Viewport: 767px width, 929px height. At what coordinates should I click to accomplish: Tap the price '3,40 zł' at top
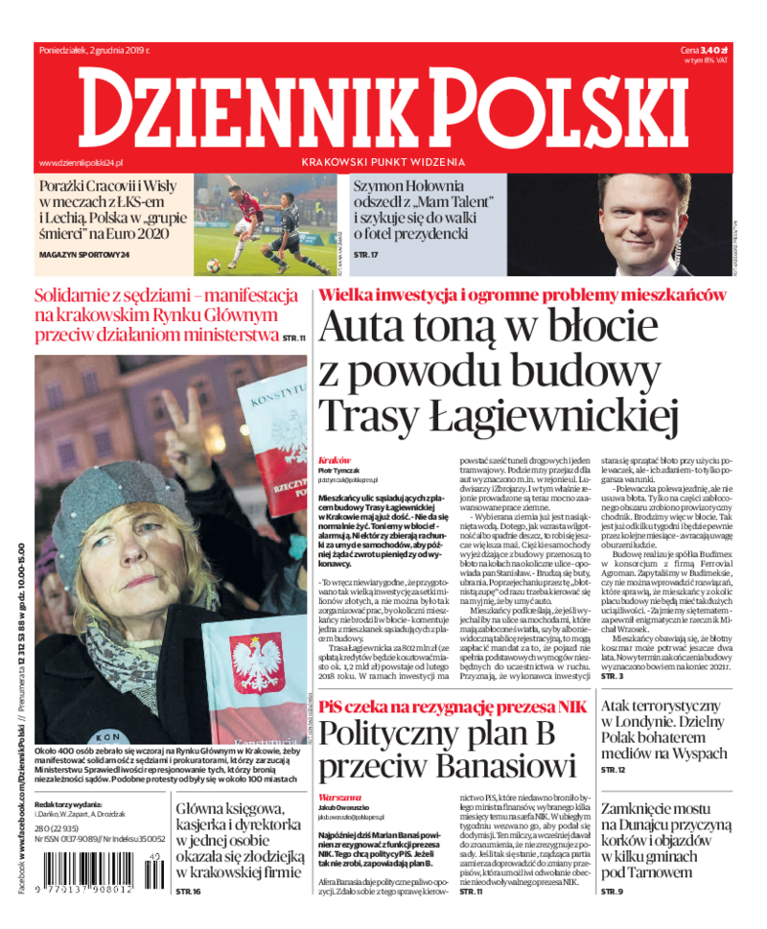715,49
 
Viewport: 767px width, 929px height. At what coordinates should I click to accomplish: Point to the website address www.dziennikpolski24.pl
89,164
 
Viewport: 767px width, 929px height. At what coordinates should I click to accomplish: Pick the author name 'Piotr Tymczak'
339,470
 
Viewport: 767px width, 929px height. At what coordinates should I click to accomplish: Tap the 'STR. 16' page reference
189,892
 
